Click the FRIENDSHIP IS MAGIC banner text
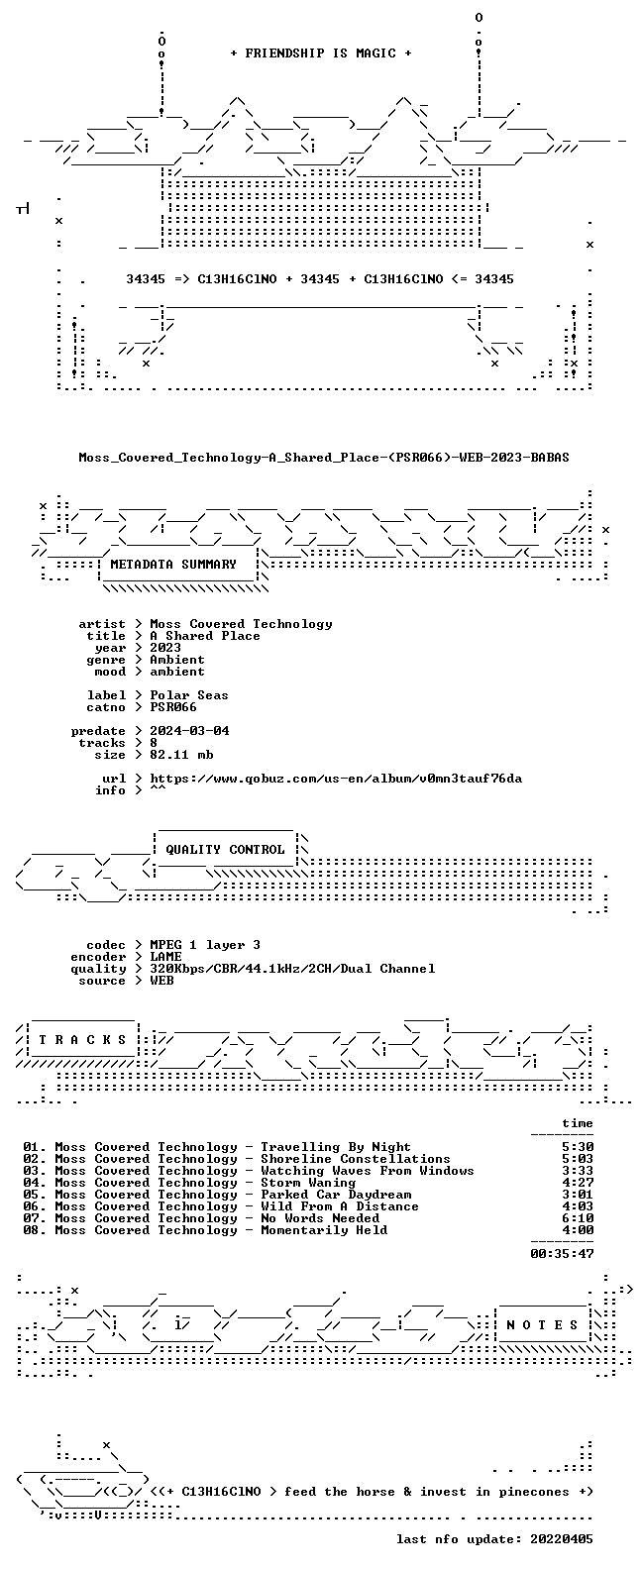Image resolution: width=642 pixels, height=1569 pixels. tap(321, 53)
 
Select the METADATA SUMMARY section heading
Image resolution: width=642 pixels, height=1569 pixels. tap(173, 565)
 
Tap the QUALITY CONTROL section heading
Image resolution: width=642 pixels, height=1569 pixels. tap(225, 850)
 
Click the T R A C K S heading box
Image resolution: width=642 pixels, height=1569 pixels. tap(82, 1039)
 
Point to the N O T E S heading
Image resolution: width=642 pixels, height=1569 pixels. tap(542, 1324)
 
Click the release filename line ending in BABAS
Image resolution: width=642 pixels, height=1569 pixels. tap(324, 458)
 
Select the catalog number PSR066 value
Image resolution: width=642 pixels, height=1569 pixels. tap(173, 707)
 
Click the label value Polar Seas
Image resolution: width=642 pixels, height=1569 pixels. tap(189, 695)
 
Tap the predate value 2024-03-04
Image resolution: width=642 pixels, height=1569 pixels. tap(189, 731)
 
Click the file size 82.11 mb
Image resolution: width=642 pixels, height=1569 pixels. tap(181, 755)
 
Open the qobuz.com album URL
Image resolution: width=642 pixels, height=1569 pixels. tap(336, 779)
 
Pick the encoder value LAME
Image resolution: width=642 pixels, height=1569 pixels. tap(165, 957)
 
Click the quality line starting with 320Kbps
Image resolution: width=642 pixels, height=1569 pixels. tap(292, 969)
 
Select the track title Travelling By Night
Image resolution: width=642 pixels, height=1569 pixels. tap(336, 1147)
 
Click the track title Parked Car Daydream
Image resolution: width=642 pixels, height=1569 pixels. tap(336, 1195)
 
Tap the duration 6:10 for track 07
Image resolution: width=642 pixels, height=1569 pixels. tap(578, 1218)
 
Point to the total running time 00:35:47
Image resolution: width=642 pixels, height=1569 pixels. tap(562, 1254)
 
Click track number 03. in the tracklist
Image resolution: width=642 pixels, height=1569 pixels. tap(35, 1171)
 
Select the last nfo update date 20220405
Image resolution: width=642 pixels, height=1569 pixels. tap(562, 1539)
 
